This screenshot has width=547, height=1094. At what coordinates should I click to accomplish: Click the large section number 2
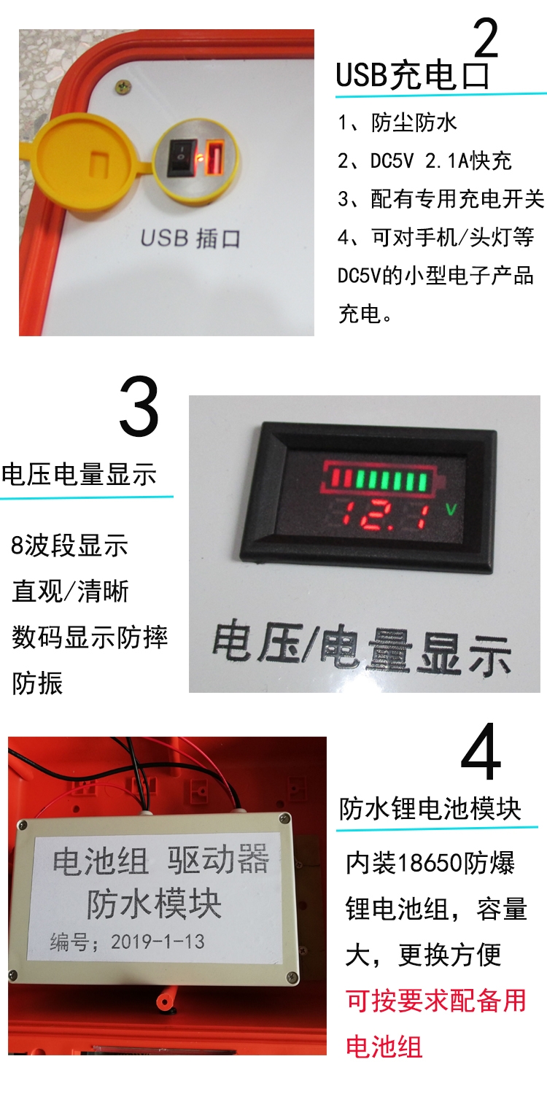point(486,38)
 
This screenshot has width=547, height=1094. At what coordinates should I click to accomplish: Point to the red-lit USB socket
point(215,158)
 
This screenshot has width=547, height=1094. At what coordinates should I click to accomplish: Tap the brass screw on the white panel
point(123,88)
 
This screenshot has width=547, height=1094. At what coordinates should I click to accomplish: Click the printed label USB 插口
point(190,238)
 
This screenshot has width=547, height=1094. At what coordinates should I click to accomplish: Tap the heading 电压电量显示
point(79,474)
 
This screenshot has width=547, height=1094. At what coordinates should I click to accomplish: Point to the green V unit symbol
point(451,509)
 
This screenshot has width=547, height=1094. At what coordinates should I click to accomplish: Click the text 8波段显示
point(69,545)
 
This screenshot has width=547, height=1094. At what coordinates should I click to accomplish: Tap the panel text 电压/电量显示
point(362,647)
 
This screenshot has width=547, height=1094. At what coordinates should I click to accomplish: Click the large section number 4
point(481,752)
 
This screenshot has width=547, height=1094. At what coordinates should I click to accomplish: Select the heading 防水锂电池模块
point(430,809)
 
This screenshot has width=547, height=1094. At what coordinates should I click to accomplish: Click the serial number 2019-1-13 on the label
point(158,942)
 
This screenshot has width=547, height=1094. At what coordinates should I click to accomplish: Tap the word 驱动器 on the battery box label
point(218,858)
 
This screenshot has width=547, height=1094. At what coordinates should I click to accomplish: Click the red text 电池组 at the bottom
point(384,1047)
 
